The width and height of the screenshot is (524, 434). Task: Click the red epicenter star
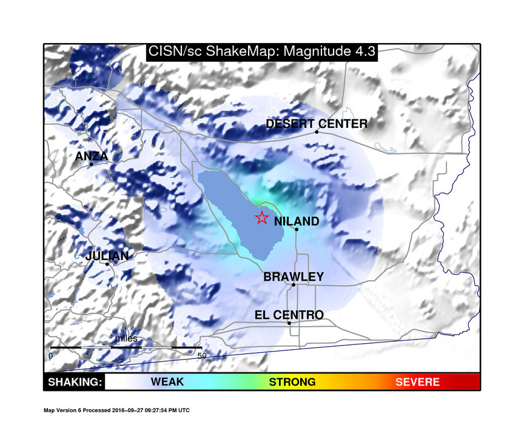click(x=261, y=218)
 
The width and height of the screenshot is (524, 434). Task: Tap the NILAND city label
click(x=297, y=222)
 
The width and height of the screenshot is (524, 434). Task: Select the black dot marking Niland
click(x=297, y=229)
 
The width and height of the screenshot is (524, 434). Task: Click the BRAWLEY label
click(x=294, y=277)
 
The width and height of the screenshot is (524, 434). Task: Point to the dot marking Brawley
click(x=294, y=285)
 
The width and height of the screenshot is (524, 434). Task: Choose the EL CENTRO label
click(x=289, y=315)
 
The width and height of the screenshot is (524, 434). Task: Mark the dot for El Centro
click(x=289, y=323)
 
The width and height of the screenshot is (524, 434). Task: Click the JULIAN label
click(x=107, y=256)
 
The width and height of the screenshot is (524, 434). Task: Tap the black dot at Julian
click(x=107, y=264)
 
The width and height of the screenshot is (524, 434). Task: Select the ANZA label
click(x=92, y=156)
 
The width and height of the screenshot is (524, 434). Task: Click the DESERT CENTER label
click(x=317, y=124)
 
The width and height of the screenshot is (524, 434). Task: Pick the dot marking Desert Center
click(x=317, y=132)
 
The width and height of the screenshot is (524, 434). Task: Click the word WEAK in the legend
click(x=167, y=382)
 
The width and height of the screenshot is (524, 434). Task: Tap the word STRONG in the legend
click(x=292, y=382)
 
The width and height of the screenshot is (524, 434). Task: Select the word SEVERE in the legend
click(x=417, y=382)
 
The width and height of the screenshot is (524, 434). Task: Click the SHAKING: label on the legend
click(x=74, y=382)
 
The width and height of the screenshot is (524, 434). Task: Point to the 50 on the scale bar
click(x=203, y=356)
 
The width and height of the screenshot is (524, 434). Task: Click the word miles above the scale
click(x=127, y=338)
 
